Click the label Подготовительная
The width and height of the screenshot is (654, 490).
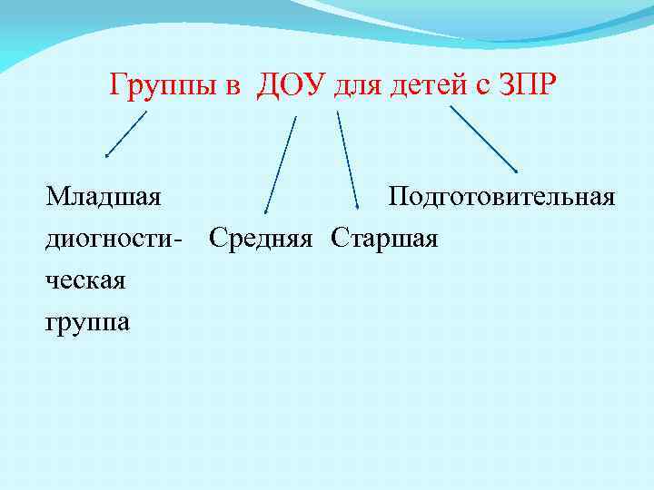coord(501,197)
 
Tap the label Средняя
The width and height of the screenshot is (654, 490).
coord(262,239)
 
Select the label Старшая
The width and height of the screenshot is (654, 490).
coord(385,239)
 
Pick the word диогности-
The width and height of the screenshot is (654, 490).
coord(114,239)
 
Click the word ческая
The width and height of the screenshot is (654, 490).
coord(87,280)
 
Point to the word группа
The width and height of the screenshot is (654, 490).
coord(88,322)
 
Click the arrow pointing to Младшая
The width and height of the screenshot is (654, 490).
coord(125,134)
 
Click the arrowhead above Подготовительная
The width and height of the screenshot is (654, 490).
coord(517,170)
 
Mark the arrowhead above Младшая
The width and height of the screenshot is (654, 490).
coord(107,155)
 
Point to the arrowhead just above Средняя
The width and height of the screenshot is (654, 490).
coord(265,212)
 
